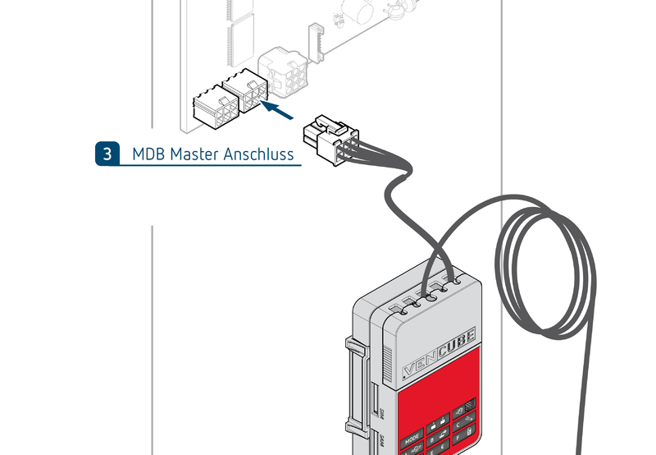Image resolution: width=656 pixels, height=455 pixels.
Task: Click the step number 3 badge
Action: pyautogui.click(x=107, y=154)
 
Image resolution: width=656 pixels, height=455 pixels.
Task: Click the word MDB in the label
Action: pyautogui.click(x=148, y=154)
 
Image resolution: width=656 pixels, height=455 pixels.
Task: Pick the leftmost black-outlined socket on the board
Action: pyautogui.click(x=214, y=109)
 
